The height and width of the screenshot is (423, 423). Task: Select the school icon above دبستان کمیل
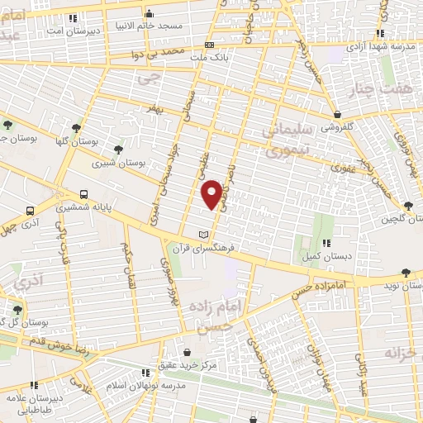[326, 243]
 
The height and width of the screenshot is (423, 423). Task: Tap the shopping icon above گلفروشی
[337, 115]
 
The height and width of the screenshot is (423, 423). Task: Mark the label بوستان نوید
[402, 285]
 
